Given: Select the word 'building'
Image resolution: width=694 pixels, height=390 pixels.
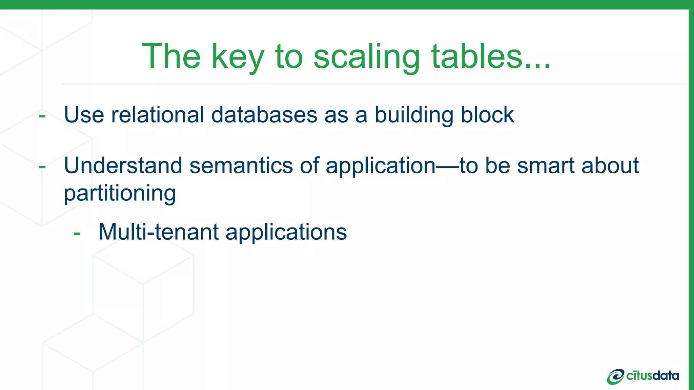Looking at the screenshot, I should coord(414,115).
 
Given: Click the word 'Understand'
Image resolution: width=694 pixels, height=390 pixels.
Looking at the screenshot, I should coord(123,166).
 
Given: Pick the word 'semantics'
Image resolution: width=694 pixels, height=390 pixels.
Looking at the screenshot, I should coord(241,166).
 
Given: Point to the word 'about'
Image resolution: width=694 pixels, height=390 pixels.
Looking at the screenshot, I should coord(610,166).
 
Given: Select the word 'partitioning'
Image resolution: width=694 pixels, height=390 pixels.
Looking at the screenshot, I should coord(120,194).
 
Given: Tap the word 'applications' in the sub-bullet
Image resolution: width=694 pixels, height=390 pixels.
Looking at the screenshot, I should coord(286,233).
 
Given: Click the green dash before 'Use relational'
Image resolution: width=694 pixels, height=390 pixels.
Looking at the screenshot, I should coord(42,116).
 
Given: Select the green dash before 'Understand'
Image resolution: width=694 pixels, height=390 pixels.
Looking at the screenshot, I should coord(42,167).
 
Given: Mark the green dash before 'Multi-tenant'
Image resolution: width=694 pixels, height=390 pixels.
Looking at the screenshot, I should coord(77,233).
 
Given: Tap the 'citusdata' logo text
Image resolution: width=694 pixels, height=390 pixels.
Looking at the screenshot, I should coord(652,376).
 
